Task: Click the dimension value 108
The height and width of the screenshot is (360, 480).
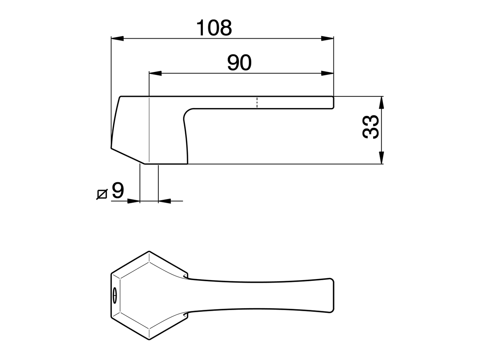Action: click(214, 28)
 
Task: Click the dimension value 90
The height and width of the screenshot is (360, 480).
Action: click(239, 63)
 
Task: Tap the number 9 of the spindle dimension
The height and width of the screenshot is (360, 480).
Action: click(117, 191)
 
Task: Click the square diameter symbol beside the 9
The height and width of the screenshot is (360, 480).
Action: click(102, 194)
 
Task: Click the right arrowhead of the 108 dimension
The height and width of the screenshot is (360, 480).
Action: click(327, 38)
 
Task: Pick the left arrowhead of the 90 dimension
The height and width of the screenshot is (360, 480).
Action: click(155, 73)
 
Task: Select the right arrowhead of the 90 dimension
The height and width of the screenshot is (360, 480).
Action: click(327, 73)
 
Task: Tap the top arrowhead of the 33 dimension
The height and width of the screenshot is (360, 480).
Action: click(381, 102)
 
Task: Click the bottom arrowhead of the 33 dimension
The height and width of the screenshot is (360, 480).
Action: click(381, 158)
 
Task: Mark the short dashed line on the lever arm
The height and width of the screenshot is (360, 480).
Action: click(257, 102)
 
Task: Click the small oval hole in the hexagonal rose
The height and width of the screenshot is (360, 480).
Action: click(114, 295)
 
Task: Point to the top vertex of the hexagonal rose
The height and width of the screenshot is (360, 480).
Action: click(149, 251)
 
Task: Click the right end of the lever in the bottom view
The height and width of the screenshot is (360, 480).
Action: click(332, 295)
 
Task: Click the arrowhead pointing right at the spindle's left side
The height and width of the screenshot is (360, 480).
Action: click(133, 201)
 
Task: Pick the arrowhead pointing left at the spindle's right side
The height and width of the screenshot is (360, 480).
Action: click(164, 201)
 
